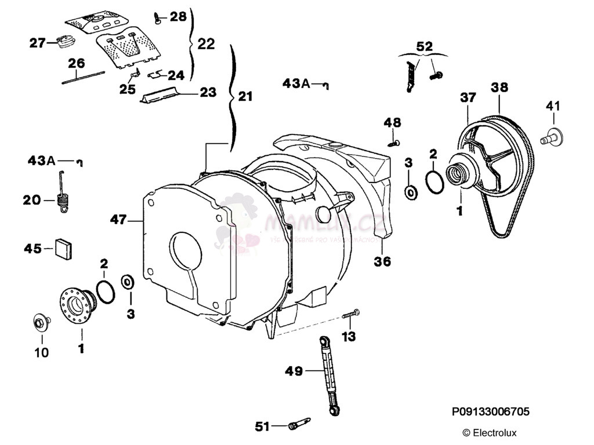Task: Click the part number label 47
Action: (x=118, y=219)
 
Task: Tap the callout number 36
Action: (x=382, y=261)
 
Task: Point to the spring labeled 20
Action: (x=64, y=196)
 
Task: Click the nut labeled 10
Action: (x=40, y=322)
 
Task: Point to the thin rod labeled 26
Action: (x=83, y=78)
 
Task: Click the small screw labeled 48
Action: (x=394, y=141)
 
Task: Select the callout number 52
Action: (x=425, y=46)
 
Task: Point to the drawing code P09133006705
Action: (x=490, y=411)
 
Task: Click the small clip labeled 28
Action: (x=158, y=18)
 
